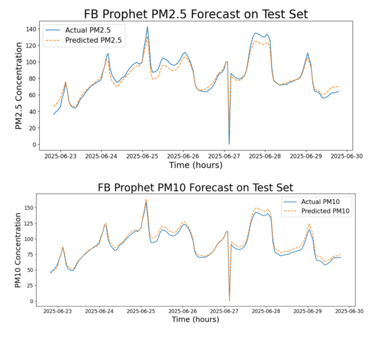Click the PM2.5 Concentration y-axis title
point(18,85)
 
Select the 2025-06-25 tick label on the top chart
point(142,155)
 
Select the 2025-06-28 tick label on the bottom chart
point(266,312)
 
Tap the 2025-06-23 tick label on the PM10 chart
point(60,312)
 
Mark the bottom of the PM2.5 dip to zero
point(229,144)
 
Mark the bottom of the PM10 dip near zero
point(229,300)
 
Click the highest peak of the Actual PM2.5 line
point(147,27)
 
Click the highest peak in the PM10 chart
point(146,201)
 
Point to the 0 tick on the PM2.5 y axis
point(34,145)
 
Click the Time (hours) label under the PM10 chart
point(195,320)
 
